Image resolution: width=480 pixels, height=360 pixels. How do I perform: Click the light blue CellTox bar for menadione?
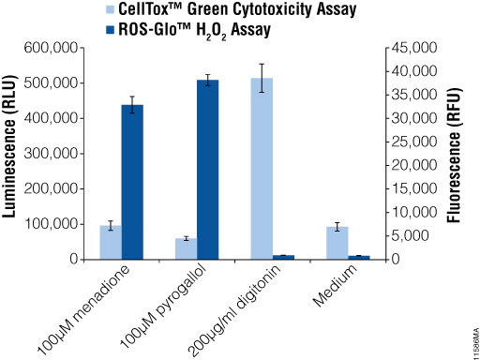(x=111, y=242)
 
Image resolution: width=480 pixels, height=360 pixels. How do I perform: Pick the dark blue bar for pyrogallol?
(x=208, y=170)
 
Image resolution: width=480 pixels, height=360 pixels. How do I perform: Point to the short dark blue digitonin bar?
(x=283, y=256)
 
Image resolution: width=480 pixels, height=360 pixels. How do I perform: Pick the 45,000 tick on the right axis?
(x=411, y=48)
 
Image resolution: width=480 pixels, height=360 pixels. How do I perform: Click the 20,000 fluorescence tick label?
(x=411, y=165)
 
